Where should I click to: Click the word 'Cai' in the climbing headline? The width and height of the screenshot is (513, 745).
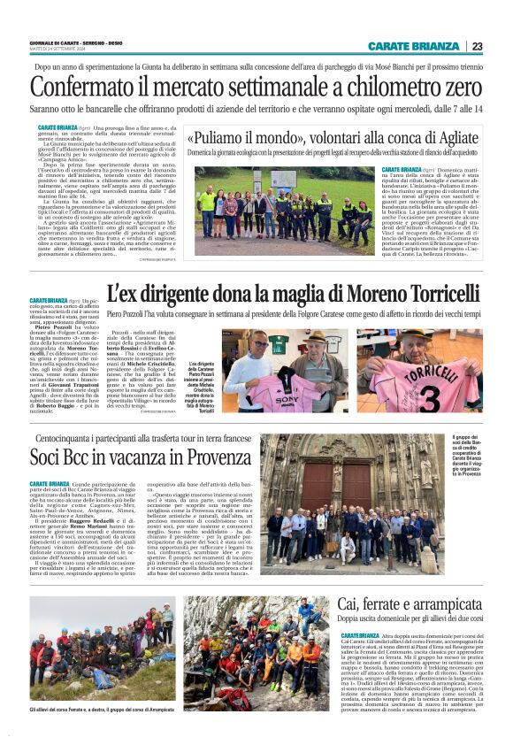(351, 603)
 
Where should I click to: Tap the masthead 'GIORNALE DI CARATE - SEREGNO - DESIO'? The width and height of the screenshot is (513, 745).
(78, 42)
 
